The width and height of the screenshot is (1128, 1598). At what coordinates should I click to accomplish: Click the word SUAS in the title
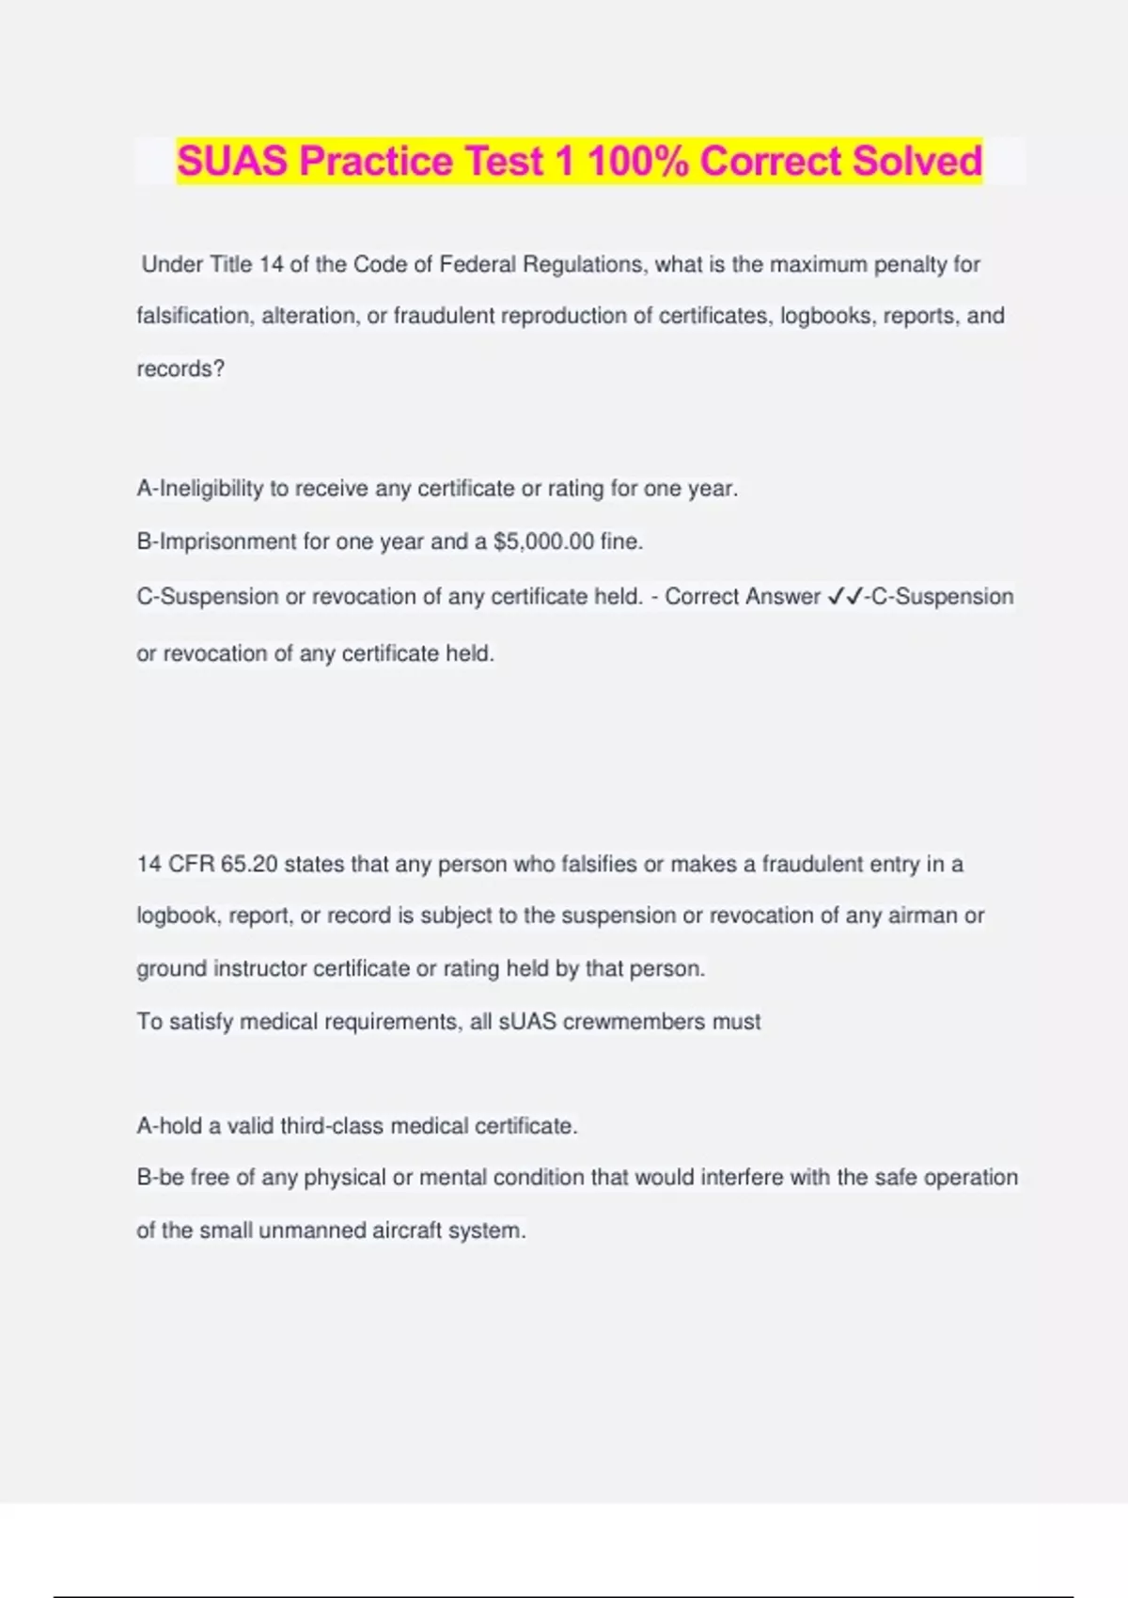pos(232,161)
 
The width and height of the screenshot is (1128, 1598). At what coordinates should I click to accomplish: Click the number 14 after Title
pos(271,265)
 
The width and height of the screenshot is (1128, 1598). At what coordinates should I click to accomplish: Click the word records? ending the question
pos(180,368)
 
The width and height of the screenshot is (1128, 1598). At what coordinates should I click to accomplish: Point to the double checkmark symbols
pos(845,597)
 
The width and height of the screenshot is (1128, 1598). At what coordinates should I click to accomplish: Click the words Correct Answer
pos(743,597)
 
